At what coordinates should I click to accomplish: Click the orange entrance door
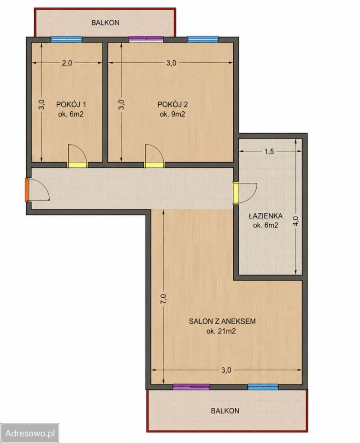(x=27, y=190)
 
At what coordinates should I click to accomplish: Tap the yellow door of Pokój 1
(x=77, y=165)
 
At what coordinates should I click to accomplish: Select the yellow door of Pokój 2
(x=154, y=165)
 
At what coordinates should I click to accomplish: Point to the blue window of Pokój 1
(x=66, y=39)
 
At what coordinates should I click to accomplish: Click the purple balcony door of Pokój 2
(x=146, y=39)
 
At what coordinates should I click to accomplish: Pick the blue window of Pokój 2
(x=203, y=39)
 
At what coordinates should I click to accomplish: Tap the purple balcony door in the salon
(x=191, y=387)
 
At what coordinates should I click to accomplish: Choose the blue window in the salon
(x=263, y=387)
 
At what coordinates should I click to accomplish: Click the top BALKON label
(x=105, y=23)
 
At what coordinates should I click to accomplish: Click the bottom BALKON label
(x=225, y=411)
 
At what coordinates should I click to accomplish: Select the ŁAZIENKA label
(x=266, y=216)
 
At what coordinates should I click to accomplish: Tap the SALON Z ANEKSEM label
(x=222, y=321)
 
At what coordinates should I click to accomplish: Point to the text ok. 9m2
(x=172, y=114)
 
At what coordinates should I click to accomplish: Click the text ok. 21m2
(x=221, y=331)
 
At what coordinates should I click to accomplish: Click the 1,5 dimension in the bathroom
(x=269, y=151)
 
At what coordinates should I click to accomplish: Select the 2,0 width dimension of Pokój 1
(x=67, y=63)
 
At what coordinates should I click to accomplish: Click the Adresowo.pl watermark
(x=30, y=433)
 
